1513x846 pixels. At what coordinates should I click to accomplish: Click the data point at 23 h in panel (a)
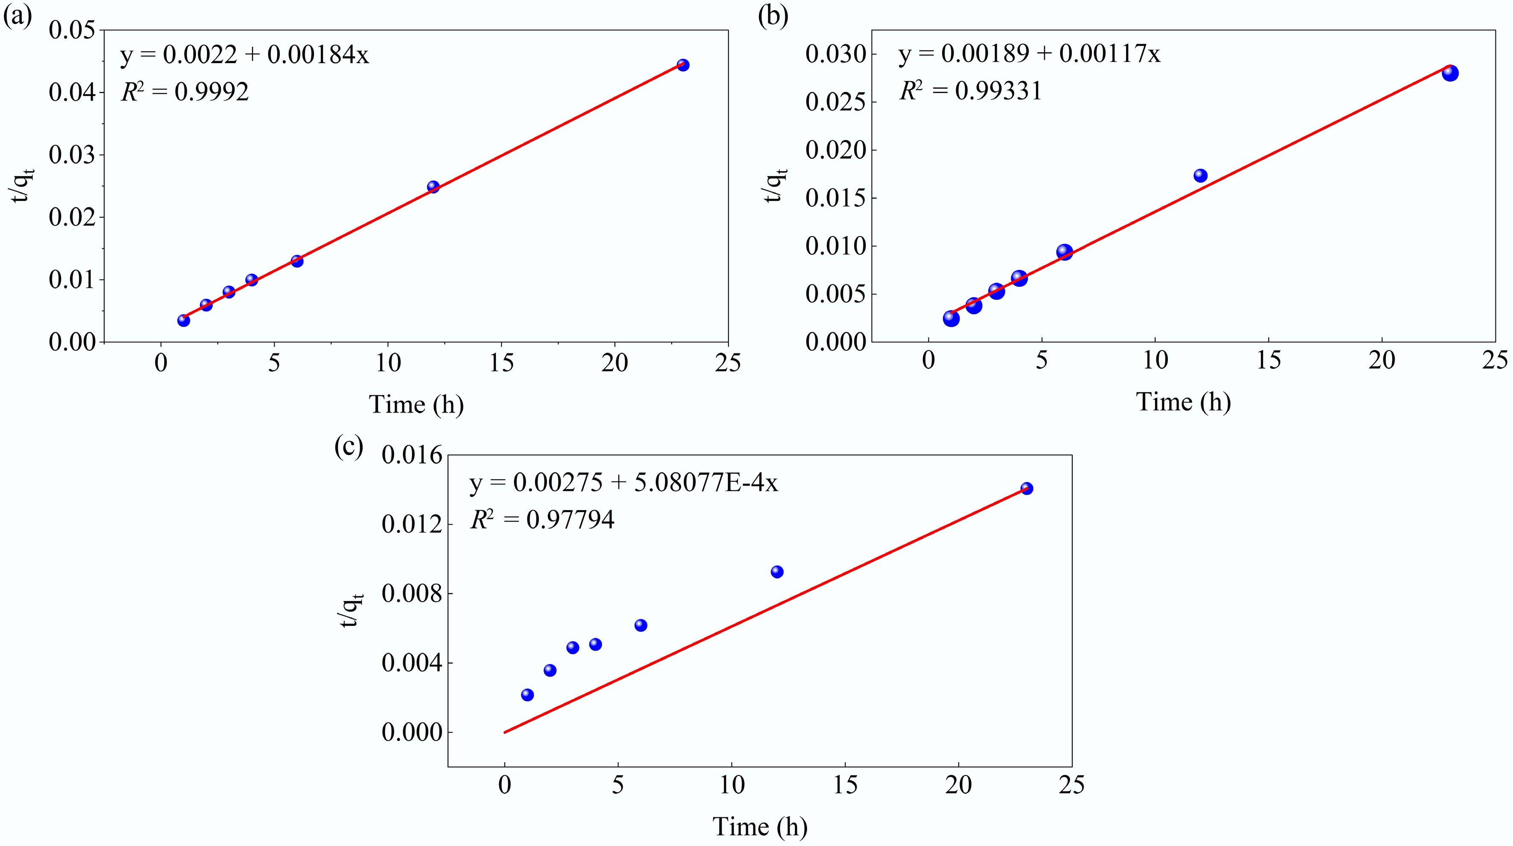pyautogui.click(x=682, y=65)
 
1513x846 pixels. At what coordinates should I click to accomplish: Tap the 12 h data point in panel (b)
pyautogui.click(x=1200, y=175)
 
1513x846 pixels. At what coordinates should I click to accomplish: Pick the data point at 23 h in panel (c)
pyautogui.click(x=1027, y=488)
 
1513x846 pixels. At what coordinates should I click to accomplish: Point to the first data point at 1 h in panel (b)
pyautogui.click(x=951, y=318)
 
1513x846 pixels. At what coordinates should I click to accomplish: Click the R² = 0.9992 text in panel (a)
pyautogui.click(x=185, y=92)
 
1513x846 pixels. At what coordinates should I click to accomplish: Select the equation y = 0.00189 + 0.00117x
pyautogui.click(x=1030, y=55)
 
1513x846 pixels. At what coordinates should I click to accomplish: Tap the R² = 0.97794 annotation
pyautogui.click(x=542, y=519)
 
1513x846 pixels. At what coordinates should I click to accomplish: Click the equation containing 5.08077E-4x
pyautogui.click(x=624, y=483)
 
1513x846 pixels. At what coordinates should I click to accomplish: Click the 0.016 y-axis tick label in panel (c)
pyautogui.click(x=412, y=455)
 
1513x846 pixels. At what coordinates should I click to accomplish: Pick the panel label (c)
pyautogui.click(x=348, y=446)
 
